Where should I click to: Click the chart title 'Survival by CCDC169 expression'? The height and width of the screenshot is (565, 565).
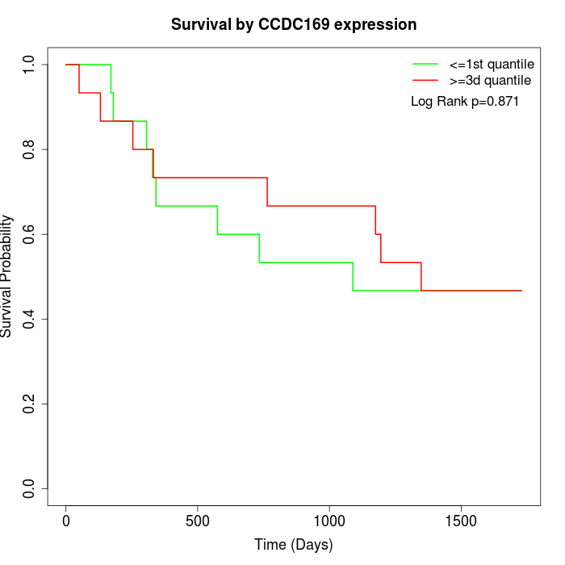click(x=294, y=25)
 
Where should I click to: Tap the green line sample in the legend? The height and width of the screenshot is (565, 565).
click(x=425, y=64)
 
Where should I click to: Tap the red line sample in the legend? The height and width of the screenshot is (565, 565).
click(x=425, y=81)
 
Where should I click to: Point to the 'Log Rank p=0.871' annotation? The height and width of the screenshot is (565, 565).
click(x=464, y=102)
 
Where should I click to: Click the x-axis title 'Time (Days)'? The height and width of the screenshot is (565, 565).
click(x=294, y=545)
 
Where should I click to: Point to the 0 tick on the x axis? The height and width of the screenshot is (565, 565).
click(x=66, y=521)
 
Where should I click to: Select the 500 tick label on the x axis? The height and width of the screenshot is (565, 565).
click(x=198, y=521)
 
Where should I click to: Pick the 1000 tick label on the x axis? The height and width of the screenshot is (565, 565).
click(x=329, y=521)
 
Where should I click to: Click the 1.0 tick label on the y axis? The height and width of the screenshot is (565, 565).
click(x=30, y=65)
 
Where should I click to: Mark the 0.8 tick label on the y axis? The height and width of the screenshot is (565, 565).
click(x=30, y=149)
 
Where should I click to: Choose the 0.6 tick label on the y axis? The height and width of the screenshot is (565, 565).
click(x=30, y=234)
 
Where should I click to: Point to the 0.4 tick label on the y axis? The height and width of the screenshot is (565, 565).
click(x=30, y=319)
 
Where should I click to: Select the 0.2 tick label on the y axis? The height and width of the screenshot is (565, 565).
click(x=30, y=404)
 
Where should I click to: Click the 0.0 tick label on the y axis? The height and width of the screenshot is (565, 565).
click(x=30, y=488)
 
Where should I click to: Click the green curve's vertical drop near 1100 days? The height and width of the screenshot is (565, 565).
click(x=353, y=277)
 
